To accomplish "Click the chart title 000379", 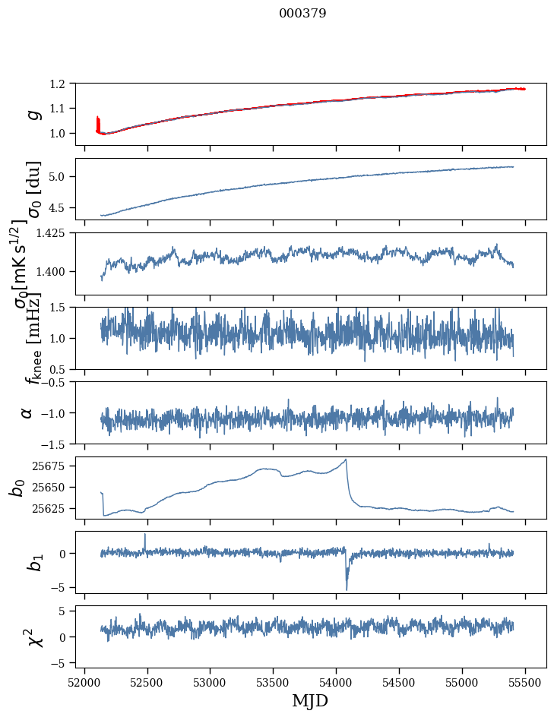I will (x=302, y=14).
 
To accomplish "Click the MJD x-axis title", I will (x=310, y=700).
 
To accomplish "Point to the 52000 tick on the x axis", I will (x=84, y=681).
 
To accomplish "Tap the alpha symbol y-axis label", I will (x=27, y=412).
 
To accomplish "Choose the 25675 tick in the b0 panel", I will (x=53, y=466).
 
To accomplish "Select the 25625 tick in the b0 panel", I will (x=53, y=508).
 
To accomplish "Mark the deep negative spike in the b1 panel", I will (x=347, y=589).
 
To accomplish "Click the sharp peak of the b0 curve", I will (x=346, y=460).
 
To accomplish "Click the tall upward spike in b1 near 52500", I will (x=145, y=535).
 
